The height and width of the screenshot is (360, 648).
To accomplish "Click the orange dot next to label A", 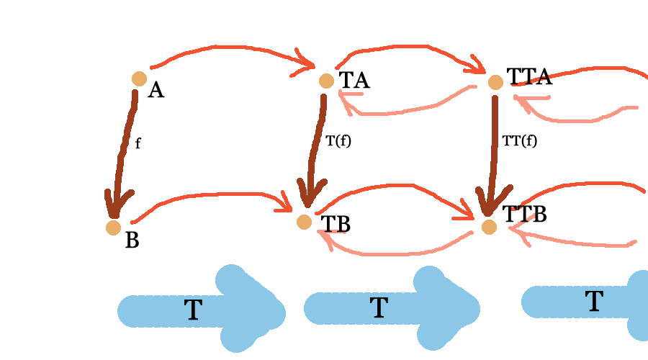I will click(x=139, y=78).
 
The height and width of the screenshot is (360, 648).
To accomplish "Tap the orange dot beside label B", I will click(x=113, y=228).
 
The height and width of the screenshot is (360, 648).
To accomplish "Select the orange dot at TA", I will click(x=326, y=81).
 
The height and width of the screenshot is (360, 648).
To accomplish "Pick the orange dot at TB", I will click(x=304, y=222).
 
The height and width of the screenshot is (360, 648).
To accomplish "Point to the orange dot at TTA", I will click(x=495, y=82).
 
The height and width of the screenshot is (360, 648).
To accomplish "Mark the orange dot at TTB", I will click(x=489, y=227).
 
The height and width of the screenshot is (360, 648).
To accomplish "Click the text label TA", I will click(x=354, y=80).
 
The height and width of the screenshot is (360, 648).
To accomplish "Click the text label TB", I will click(x=336, y=224).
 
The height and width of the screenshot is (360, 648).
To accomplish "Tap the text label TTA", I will click(x=529, y=76).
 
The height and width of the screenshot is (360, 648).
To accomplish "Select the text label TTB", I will click(x=524, y=214).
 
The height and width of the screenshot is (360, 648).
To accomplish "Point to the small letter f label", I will click(x=138, y=144).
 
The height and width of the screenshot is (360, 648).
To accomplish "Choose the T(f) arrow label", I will click(x=338, y=141).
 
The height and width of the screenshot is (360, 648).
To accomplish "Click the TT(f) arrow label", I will click(x=520, y=141).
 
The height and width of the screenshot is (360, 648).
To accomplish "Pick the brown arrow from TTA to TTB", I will click(x=494, y=151).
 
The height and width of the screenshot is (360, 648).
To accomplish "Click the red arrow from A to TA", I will click(x=230, y=48).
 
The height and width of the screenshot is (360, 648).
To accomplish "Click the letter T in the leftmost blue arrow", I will click(x=193, y=310).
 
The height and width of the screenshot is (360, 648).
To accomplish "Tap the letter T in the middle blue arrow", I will click(x=379, y=308).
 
